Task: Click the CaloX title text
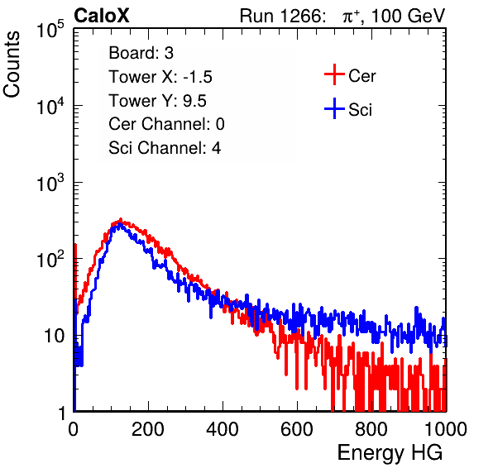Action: (x=102, y=16)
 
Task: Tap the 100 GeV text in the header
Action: (x=409, y=16)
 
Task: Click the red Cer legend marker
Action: (x=334, y=74)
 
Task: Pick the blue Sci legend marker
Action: (x=334, y=108)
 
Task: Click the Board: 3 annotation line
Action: (x=141, y=53)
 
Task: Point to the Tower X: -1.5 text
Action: (x=160, y=77)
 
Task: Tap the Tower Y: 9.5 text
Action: (x=157, y=101)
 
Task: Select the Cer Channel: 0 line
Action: (x=166, y=124)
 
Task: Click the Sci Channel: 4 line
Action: (x=165, y=148)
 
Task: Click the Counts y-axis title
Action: (x=12, y=64)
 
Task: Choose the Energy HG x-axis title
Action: (x=390, y=453)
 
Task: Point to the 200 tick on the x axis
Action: (x=148, y=429)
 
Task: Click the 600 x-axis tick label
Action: (x=297, y=429)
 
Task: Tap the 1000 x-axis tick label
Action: (x=446, y=429)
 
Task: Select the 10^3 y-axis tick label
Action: (x=50, y=183)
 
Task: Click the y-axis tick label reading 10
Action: (x=54, y=337)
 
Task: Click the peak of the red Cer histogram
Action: (x=120, y=220)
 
